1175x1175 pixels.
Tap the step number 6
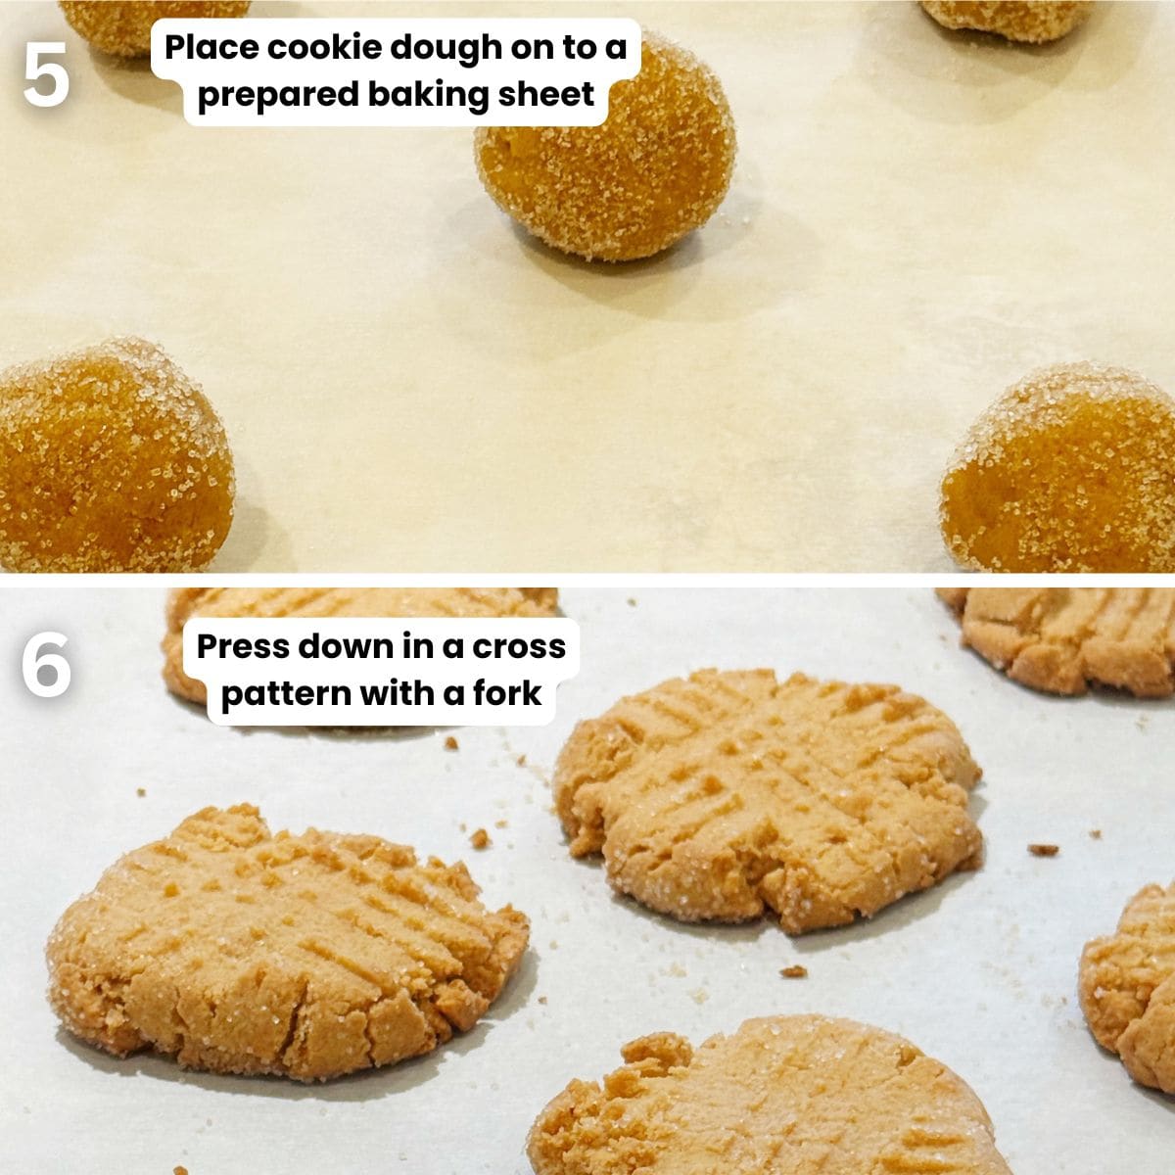coord(46,665)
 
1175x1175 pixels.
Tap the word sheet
coord(549,94)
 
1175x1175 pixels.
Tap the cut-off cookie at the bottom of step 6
coord(764,1106)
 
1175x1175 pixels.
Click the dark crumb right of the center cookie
coord(1043,849)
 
